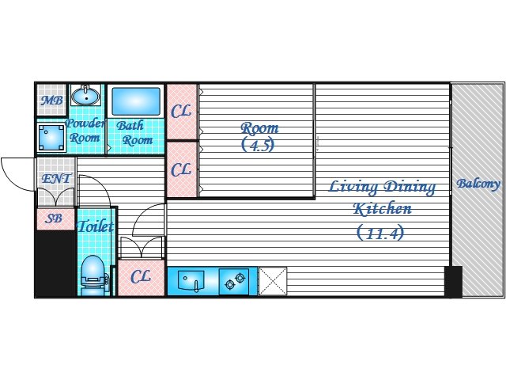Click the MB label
[51, 101]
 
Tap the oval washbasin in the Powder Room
[85, 95]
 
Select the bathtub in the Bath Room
[136, 101]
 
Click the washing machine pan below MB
[51, 138]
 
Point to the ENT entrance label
[56, 178]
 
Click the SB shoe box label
[54, 218]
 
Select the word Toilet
[96, 226]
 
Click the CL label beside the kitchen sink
[141, 277]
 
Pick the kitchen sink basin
[191, 280]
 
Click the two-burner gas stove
[234, 281]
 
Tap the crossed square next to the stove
[273, 281]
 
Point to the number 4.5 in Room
[259, 145]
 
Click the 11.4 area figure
[380, 233]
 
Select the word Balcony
[478, 184]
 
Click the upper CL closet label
[181, 112]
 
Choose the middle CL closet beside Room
[181, 170]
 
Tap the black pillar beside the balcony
[453, 281]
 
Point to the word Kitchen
[383, 208]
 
